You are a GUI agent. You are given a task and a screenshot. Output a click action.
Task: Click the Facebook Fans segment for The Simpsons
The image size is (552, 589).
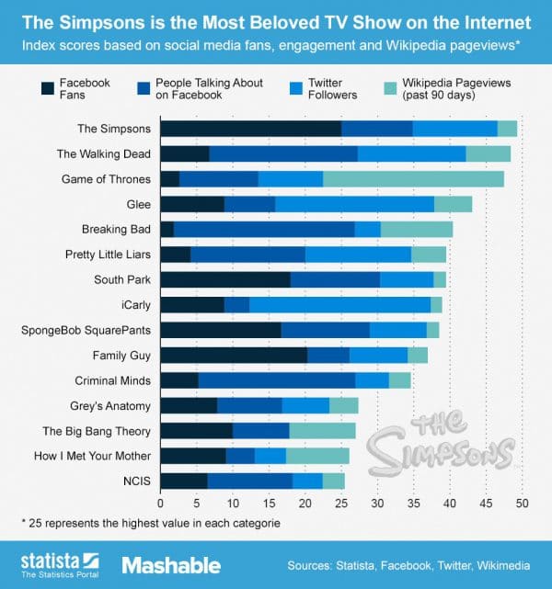250,129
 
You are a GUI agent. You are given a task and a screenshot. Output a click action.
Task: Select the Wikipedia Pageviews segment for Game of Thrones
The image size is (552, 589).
413,178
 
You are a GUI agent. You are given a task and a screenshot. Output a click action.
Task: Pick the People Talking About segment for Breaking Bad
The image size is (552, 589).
264,229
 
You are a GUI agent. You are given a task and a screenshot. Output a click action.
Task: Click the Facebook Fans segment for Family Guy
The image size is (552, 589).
234,354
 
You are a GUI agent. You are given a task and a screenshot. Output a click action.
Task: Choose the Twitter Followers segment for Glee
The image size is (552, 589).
354,204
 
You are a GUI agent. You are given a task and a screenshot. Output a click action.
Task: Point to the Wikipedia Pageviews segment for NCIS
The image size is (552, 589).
334,480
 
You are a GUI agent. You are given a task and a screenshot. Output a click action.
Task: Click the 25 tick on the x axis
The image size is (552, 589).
341,504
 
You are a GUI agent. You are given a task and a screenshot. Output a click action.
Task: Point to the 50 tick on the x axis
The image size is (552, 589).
522,504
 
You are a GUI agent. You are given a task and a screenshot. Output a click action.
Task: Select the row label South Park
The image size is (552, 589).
122,279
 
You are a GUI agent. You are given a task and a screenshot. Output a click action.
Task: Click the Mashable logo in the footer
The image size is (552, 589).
171,564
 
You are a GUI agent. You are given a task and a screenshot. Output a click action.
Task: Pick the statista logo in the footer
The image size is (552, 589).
60,561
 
